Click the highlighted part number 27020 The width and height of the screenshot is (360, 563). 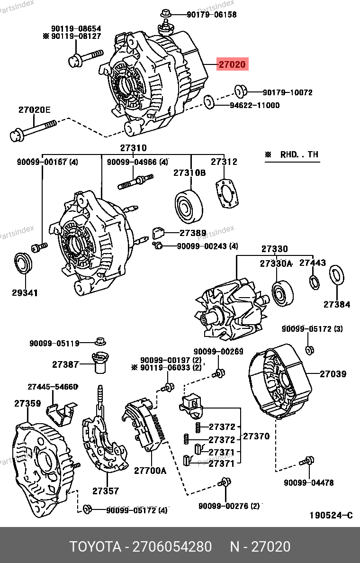pos(232,64)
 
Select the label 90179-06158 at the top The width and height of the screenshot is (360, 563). pos(211,15)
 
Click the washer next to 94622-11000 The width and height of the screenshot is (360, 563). pos(208,101)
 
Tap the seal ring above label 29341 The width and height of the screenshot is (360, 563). pos(23,263)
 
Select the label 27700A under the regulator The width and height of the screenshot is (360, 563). pos(150,471)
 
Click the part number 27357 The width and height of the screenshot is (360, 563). pos(105,491)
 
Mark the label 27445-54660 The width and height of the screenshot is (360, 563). pos(52,387)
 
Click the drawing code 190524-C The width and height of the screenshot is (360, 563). pos(331,515)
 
